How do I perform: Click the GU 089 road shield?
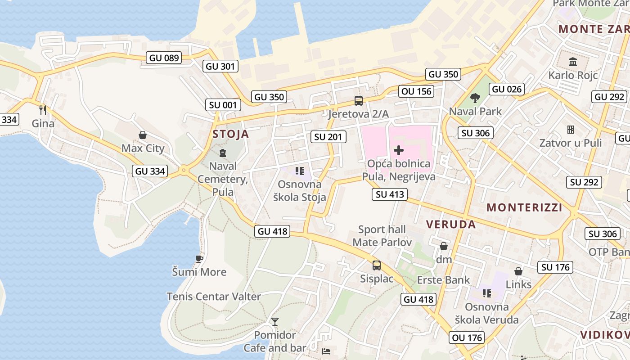coord(164,58)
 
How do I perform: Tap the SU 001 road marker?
coord(223,105)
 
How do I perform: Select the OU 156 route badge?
coord(416,91)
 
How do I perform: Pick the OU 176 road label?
coord(467,337)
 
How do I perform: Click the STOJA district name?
coord(230,134)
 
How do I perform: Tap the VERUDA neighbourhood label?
coord(450,225)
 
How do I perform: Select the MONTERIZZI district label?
coord(524,207)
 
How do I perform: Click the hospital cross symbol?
coord(399,150)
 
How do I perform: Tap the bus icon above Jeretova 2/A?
coord(359,101)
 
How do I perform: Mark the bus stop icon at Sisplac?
coord(377,265)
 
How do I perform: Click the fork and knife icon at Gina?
coord(43,110)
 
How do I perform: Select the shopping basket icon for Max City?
coord(143,135)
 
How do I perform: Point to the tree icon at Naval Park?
coord(475,98)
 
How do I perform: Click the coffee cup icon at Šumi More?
coord(199,259)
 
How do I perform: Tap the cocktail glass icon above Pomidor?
coord(275,322)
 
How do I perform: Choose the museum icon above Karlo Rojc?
coord(573,62)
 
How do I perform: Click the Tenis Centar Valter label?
coord(214,297)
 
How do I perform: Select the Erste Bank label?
coord(443,280)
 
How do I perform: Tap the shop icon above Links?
coord(518,271)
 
